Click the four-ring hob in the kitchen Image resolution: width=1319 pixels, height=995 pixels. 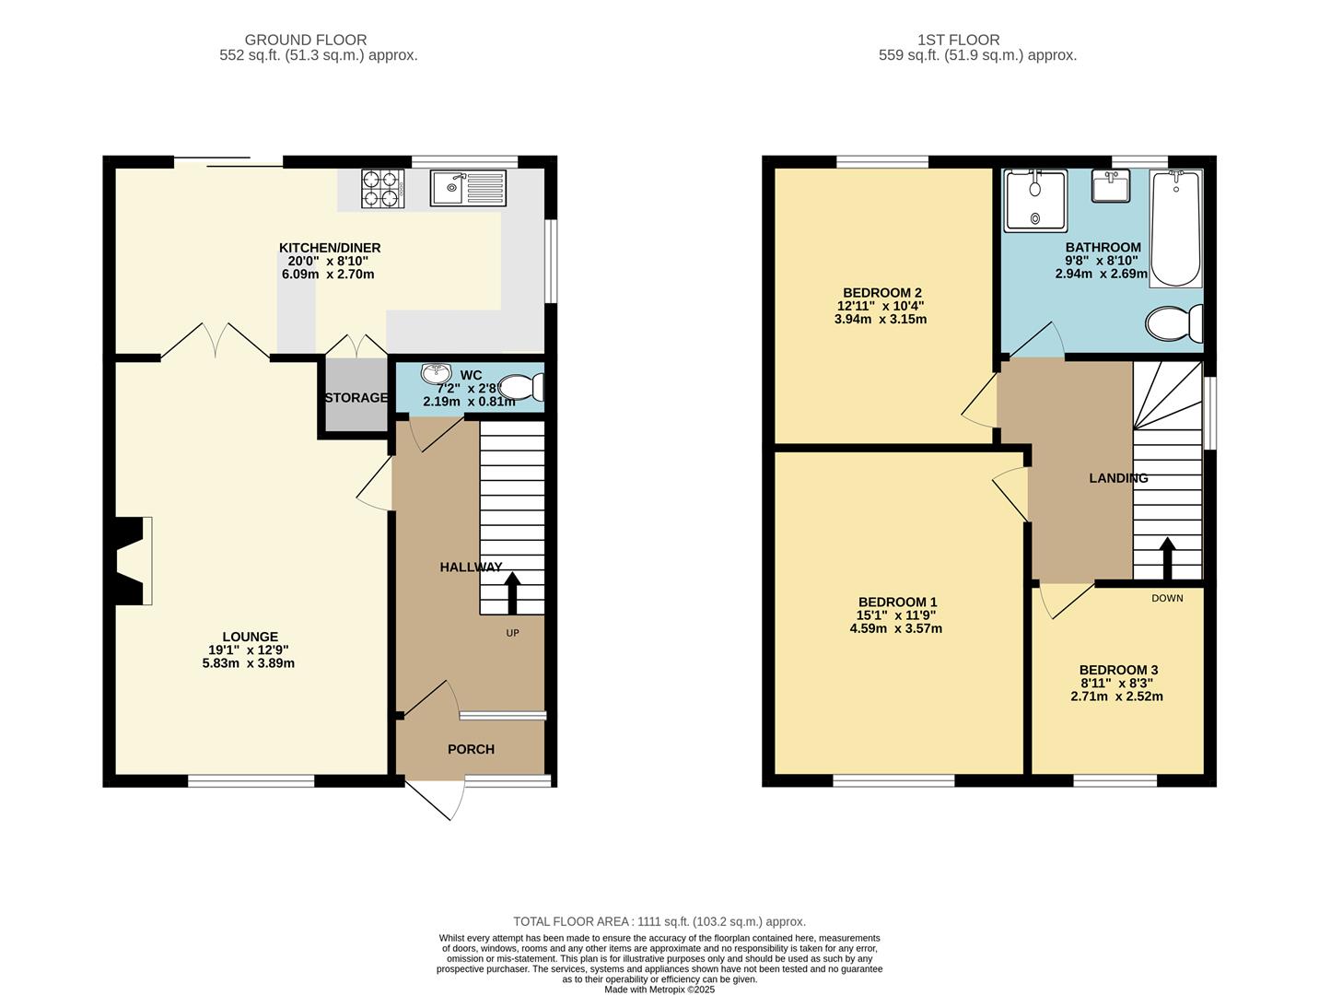point(383,189)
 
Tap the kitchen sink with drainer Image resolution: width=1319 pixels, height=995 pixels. point(469,187)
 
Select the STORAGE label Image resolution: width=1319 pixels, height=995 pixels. point(356,398)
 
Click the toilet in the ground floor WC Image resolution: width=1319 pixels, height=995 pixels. point(521,388)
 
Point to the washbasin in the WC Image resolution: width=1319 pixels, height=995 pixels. point(437,373)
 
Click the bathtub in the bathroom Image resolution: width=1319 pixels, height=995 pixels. point(1176,228)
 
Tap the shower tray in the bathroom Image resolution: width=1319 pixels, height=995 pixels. point(1034,200)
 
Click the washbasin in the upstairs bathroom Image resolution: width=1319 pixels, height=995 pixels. point(1111,186)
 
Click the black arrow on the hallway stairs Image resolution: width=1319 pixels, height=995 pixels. point(512,593)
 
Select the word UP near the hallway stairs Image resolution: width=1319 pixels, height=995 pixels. point(512,633)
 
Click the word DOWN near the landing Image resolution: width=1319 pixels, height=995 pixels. point(1168,598)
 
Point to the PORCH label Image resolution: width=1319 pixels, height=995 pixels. point(471,749)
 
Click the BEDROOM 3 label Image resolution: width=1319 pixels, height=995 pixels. point(1118,670)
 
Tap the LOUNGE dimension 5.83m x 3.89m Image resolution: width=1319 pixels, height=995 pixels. point(248,663)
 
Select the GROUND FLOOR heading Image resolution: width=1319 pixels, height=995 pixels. point(305,40)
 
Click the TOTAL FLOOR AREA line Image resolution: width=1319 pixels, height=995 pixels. point(659,921)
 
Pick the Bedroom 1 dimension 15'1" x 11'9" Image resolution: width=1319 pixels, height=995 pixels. point(896,615)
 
